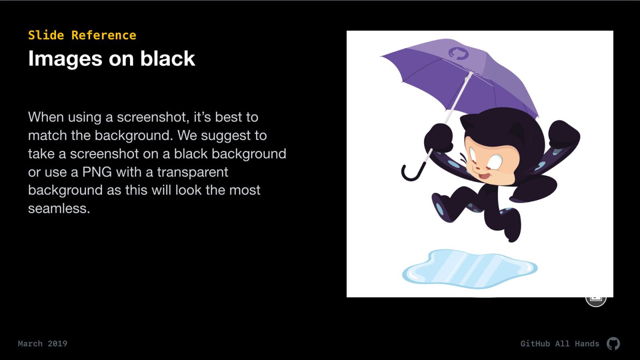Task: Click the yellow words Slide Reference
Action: point(82,36)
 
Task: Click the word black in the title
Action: point(168,58)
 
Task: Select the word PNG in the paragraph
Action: point(97,172)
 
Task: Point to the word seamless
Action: point(59,208)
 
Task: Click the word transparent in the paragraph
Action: point(192,172)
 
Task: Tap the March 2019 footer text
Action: point(42,344)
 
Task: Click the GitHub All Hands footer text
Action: point(560,344)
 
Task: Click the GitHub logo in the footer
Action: point(613,344)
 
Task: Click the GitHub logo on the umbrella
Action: point(458,54)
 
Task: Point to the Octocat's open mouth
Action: point(484,176)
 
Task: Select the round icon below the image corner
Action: point(596,300)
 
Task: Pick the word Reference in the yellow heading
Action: point(104,36)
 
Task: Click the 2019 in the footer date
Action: point(58,344)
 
